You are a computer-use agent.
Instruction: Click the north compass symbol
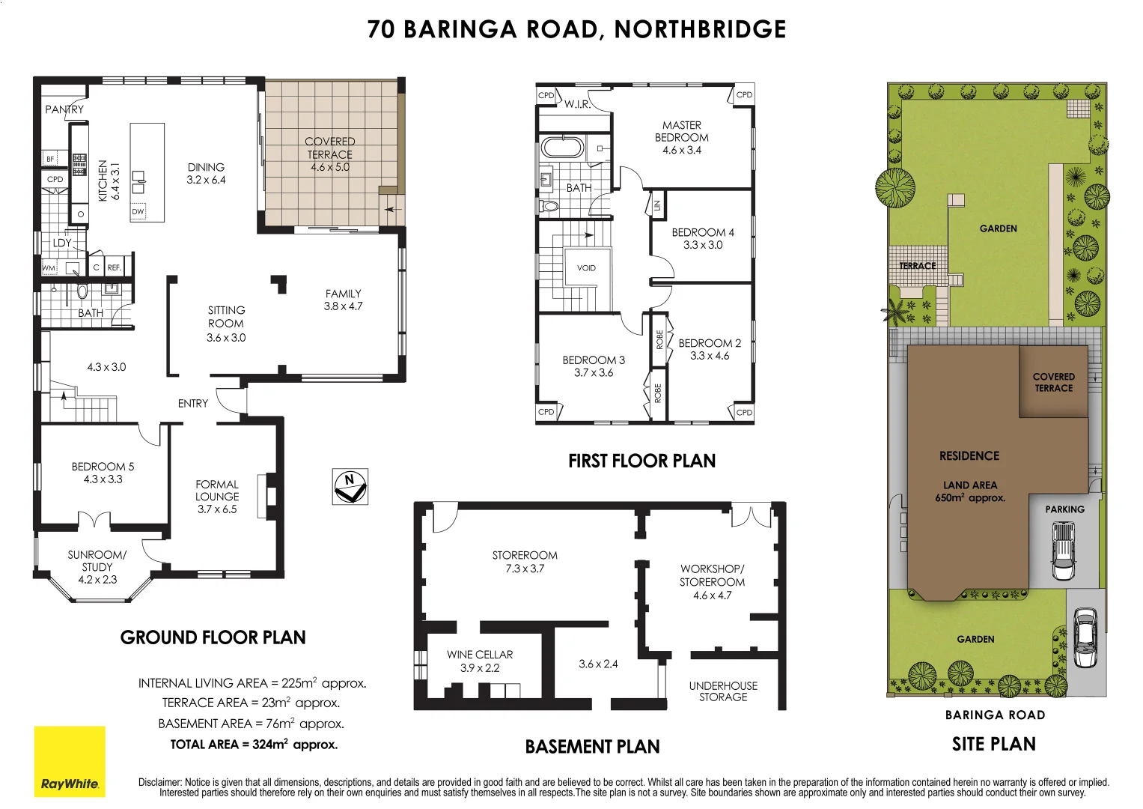tap(350, 486)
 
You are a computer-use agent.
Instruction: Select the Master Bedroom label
tap(681, 138)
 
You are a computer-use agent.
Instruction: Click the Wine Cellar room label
tap(480, 661)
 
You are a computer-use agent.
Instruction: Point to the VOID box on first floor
tap(586, 267)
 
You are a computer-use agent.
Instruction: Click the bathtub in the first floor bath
tap(562, 147)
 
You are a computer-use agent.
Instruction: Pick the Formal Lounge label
tap(217, 497)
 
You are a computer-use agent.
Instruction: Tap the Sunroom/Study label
tap(97, 567)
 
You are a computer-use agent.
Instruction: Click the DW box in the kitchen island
tap(138, 212)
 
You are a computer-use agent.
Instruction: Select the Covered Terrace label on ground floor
tap(329, 154)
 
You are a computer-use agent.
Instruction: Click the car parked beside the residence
tap(1063, 551)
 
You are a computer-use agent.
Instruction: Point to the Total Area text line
tap(254, 745)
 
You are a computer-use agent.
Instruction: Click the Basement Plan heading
tap(592, 747)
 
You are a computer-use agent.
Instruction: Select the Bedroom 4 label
tap(702, 238)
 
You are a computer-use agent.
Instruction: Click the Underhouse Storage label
tap(723, 691)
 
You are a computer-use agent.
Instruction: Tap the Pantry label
tap(64, 109)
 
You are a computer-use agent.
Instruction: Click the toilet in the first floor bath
tap(549, 205)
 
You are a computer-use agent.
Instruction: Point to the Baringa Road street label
tap(995, 715)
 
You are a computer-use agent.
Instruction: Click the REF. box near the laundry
tap(114, 267)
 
